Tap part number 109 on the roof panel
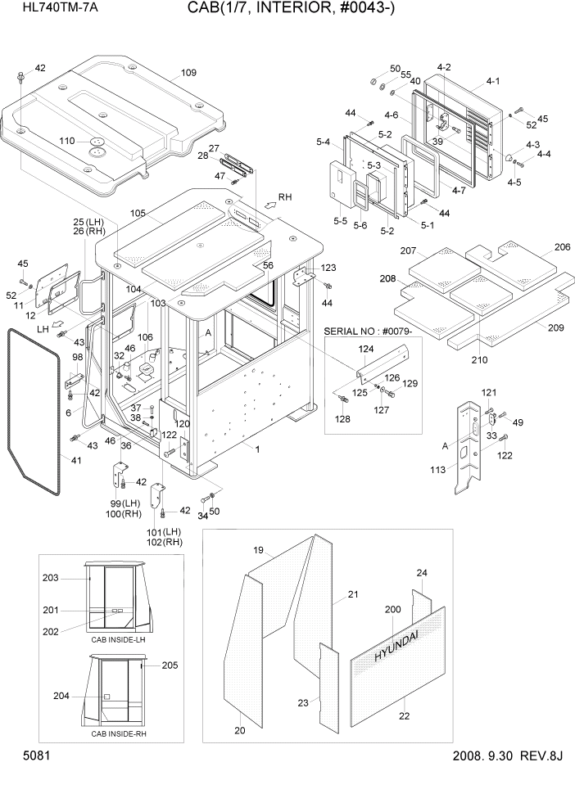[x=188, y=73]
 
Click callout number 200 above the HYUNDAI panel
[x=392, y=610]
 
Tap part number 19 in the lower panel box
[x=258, y=549]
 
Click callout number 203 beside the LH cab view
[x=51, y=579]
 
